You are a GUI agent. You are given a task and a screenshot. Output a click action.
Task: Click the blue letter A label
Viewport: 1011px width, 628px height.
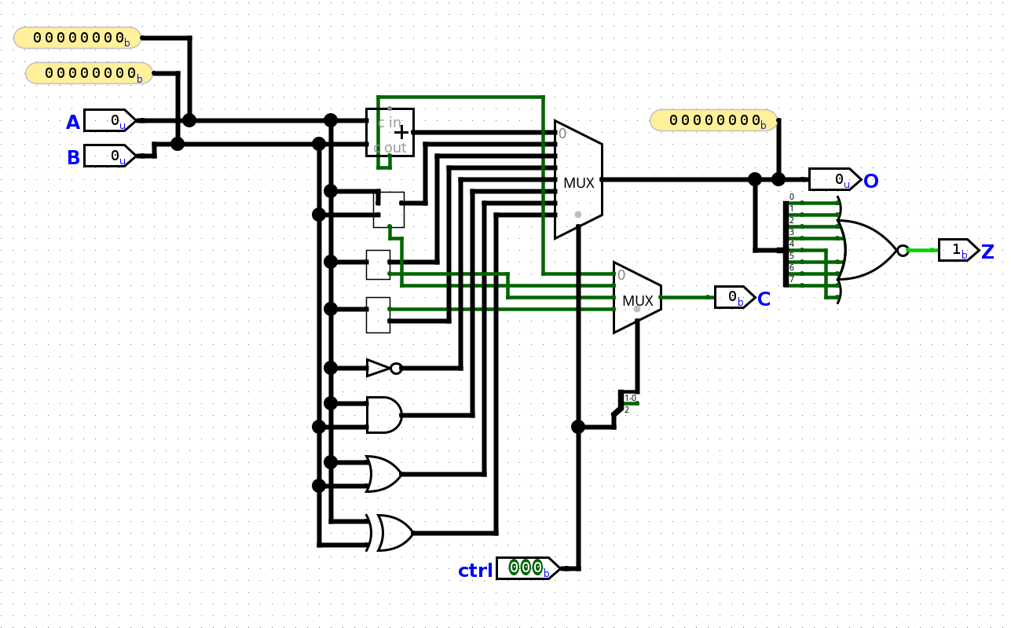(73, 123)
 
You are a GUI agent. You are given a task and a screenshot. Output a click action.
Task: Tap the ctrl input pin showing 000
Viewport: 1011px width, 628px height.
(527, 567)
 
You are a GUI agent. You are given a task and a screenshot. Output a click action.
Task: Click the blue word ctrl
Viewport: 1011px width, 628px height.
(475, 571)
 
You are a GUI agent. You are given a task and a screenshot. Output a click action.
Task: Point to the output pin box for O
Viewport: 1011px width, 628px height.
(834, 179)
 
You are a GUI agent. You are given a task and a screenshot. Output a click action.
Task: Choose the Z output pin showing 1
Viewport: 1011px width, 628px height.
(958, 250)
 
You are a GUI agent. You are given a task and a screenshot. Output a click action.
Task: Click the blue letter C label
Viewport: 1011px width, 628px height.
(764, 299)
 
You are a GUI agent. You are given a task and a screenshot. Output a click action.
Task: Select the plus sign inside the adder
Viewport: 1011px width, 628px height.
(401, 132)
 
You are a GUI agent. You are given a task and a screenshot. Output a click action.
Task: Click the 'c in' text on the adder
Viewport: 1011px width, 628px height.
(388, 122)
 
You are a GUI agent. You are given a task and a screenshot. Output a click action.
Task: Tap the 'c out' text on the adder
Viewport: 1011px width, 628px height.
(390, 147)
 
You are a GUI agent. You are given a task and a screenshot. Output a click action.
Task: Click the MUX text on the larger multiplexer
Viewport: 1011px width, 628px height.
(578, 183)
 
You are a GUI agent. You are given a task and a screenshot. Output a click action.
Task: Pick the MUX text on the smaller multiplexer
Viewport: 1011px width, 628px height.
(637, 300)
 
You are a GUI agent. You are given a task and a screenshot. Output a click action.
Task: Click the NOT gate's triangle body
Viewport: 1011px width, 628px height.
(378, 368)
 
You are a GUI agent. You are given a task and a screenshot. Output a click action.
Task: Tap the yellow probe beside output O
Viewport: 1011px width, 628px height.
(712, 120)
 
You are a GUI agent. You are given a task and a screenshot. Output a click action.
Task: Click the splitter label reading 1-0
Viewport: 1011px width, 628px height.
(630, 398)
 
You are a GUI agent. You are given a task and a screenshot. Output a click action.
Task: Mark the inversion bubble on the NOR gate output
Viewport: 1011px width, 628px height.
(903, 251)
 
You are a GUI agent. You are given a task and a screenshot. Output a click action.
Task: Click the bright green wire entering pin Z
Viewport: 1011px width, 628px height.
(923, 250)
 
